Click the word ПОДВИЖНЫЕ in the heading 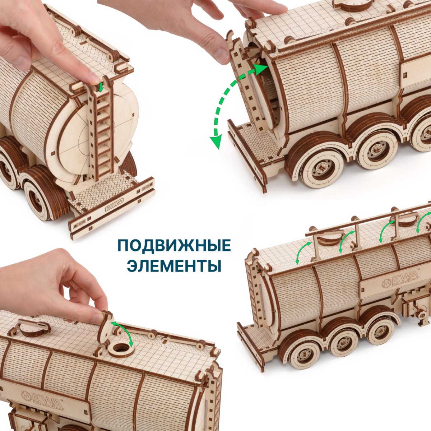tap(174, 245)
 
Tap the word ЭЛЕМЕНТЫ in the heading tap(174, 266)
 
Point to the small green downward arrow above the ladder tap(101, 87)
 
